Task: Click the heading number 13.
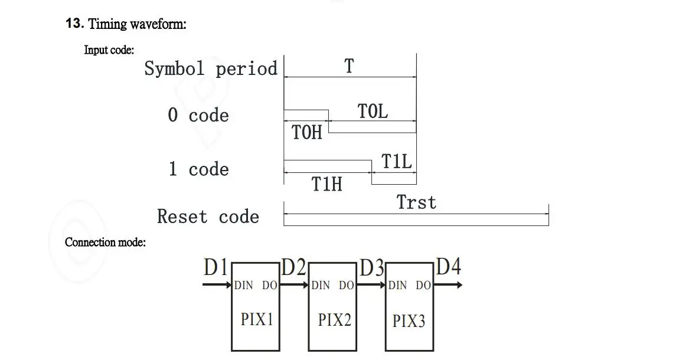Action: click(x=74, y=23)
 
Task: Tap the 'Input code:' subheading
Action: click(x=109, y=50)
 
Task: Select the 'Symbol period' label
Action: click(x=210, y=68)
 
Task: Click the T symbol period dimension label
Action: click(x=349, y=66)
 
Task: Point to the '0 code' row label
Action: click(x=198, y=115)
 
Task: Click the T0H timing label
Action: click(x=307, y=132)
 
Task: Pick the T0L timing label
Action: click(x=373, y=111)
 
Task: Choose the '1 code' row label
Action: click(x=199, y=169)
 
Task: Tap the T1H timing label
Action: click(x=327, y=184)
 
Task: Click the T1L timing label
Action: click(x=397, y=161)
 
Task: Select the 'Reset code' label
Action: click(x=208, y=217)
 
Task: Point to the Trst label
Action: click(x=417, y=202)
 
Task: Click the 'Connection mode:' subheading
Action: click(x=105, y=243)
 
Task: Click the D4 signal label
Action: click(x=449, y=267)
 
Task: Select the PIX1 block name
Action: click(x=257, y=319)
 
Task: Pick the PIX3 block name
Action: click(x=409, y=321)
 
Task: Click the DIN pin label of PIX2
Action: click(x=321, y=285)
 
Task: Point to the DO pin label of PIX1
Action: click(x=269, y=285)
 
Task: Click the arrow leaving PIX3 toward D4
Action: click(x=448, y=284)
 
